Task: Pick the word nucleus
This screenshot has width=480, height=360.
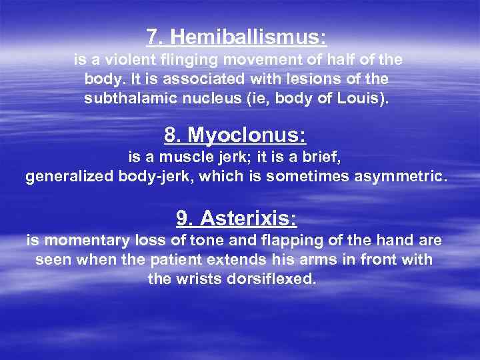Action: coord(207,98)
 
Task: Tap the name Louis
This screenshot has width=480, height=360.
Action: coord(367,98)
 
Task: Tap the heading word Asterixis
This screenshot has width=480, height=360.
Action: coord(248,218)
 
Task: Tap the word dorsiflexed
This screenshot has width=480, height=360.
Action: coord(270,279)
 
